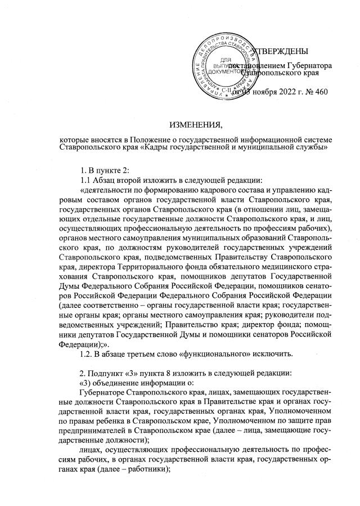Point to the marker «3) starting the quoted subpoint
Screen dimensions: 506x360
click(88, 382)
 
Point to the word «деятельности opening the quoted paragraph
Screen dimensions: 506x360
click(110, 190)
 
